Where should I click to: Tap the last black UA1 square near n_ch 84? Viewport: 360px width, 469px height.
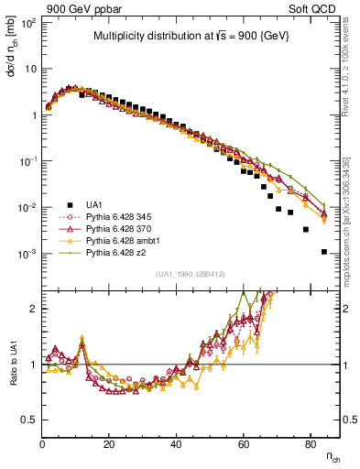point(323,252)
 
